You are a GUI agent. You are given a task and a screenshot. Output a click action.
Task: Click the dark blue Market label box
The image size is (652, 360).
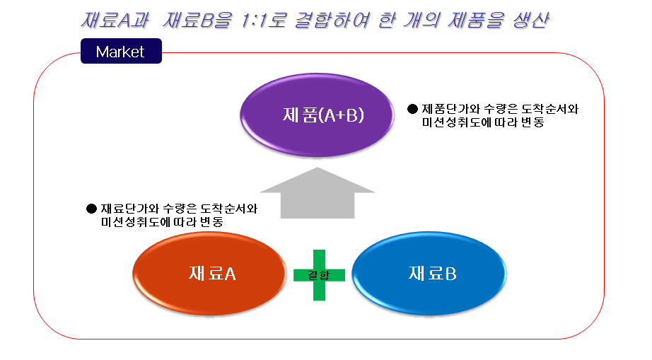[121, 51]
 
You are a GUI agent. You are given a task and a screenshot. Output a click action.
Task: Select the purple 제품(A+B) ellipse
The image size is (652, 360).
[317, 115]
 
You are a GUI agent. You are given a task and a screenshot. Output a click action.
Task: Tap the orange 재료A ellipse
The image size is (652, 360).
[209, 273]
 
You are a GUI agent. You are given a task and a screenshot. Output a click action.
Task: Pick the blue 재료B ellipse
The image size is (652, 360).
[429, 273]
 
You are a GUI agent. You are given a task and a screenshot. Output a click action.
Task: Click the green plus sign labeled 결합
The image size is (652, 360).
[319, 275]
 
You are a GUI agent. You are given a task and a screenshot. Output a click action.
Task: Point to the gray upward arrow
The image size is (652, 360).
[318, 193]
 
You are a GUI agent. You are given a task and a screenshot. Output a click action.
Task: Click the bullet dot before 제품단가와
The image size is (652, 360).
[412, 109]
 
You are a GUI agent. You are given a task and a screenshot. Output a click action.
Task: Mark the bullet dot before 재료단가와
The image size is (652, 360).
[91, 209]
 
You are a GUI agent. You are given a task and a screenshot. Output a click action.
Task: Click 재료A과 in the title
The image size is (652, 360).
[115, 20]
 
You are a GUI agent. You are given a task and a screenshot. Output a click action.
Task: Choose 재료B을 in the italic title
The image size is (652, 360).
[197, 20]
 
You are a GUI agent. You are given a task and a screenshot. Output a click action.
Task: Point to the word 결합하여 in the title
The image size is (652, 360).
[332, 20]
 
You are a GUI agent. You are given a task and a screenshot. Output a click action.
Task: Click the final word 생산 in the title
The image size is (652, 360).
[531, 20]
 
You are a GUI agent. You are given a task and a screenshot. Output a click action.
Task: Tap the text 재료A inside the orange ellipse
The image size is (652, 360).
[212, 274]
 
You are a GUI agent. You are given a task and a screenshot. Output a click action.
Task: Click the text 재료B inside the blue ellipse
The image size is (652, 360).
[433, 274]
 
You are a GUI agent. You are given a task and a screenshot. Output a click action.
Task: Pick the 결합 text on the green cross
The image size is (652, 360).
[318, 275]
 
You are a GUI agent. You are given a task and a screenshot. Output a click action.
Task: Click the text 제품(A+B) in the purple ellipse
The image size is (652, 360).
[323, 115]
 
